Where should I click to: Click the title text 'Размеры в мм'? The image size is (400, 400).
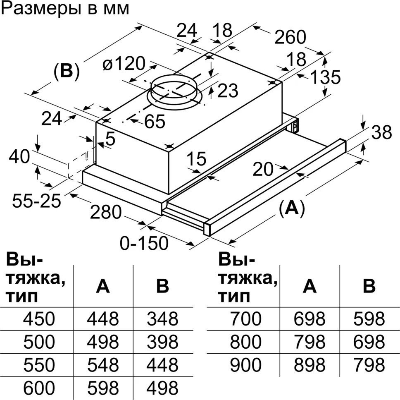[x=65, y=9]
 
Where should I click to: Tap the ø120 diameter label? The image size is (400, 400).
[x=124, y=64]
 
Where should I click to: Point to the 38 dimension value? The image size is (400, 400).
[x=381, y=133]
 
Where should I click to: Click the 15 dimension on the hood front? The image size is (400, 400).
[x=196, y=158]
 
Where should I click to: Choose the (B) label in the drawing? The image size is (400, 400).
[x=66, y=72]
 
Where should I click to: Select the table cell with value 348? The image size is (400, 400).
[x=162, y=319]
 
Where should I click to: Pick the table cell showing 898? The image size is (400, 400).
[x=309, y=365]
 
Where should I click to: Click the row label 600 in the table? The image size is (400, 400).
[x=39, y=388]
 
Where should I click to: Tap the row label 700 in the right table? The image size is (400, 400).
[x=246, y=319]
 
